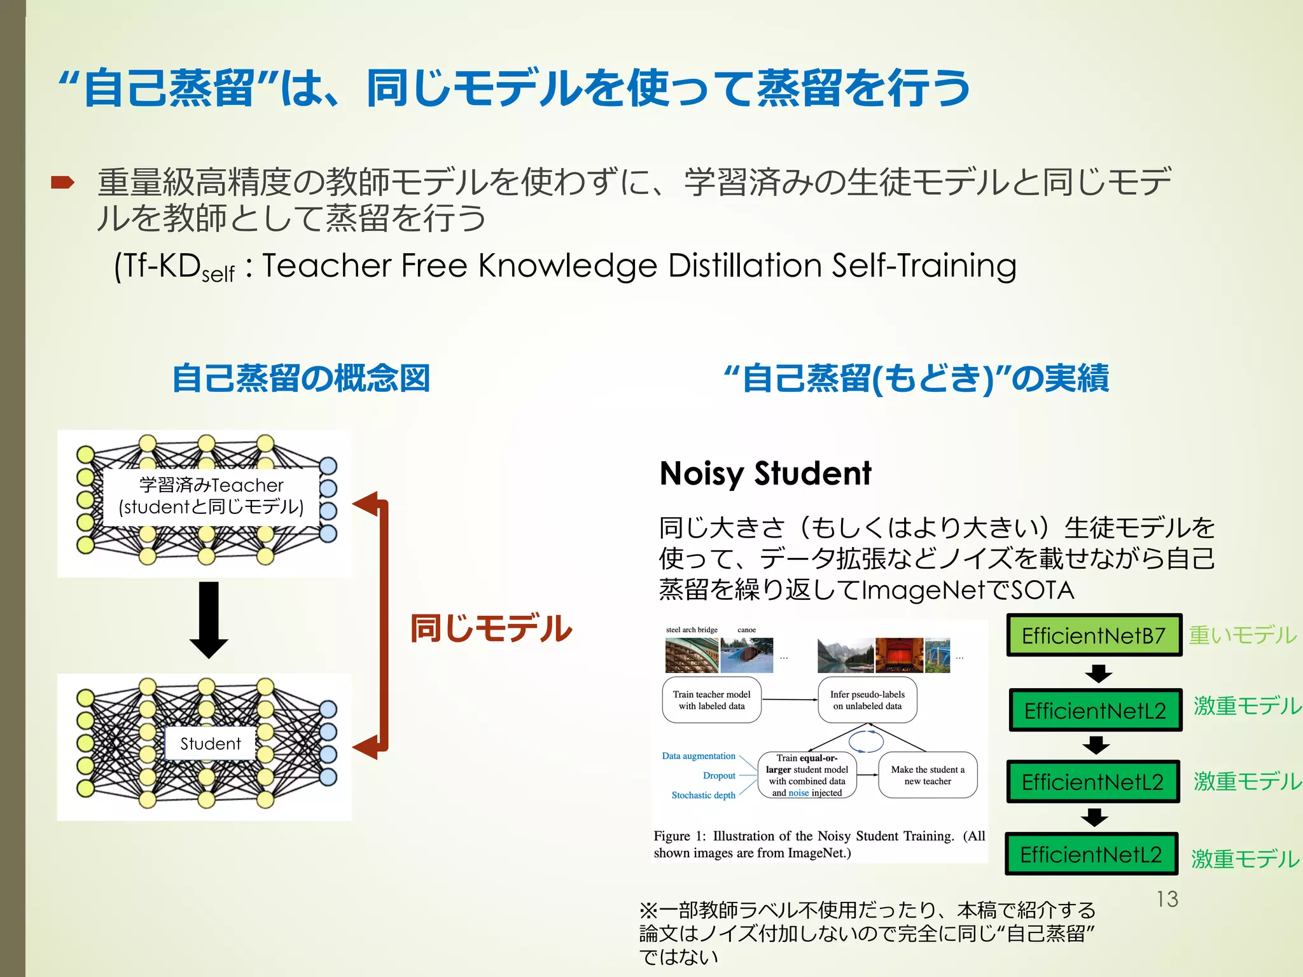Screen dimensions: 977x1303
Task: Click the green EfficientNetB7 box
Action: (x=1093, y=635)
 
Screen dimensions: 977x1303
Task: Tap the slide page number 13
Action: (x=1167, y=899)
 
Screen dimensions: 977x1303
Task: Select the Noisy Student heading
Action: (x=765, y=474)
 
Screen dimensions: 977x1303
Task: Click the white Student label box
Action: (x=211, y=744)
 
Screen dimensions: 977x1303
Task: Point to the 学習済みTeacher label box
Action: (x=211, y=496)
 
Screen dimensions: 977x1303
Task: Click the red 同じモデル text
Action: (x=491, y=628)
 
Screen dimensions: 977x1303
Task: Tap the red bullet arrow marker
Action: (x=63, y=183)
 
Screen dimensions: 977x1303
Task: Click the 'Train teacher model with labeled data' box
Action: (x=711, y=700)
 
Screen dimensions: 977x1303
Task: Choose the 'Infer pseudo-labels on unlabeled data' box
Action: (x=867, y=700)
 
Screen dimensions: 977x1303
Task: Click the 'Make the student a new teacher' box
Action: (x=928, y=775)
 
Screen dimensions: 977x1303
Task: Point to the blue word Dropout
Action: (x=719, y=775)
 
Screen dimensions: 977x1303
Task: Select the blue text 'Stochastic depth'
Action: (x=703, y=795)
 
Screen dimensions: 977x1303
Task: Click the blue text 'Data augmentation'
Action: (x=699, y=756)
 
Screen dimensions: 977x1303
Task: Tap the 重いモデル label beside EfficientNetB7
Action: (x=1242, y=635)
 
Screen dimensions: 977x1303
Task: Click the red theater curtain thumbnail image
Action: (x=899, y=655)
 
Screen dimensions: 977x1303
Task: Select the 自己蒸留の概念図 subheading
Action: (x=301, y=378)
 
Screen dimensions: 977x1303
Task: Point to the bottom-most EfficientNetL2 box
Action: (x=1091, y=854)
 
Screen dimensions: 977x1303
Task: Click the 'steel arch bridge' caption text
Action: (x=692, y=630)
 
